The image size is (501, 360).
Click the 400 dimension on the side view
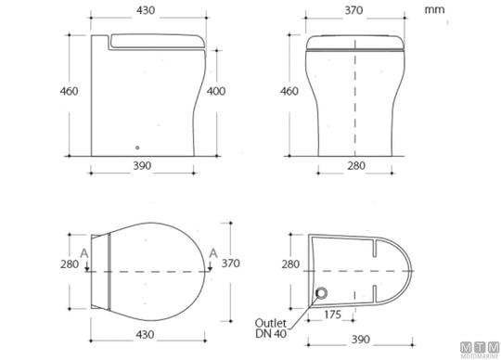tap(216, 91)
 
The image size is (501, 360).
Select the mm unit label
tap(434, 9)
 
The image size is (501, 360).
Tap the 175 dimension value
tap(333, 315)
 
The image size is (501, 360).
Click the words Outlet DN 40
tap(271, 328)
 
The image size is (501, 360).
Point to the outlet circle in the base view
tap(321, 292)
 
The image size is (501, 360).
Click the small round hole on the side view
tap(137, 148)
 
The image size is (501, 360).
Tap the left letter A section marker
tap(84, 253)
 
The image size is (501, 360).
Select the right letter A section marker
tap(213, 253)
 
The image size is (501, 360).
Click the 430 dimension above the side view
tap(146, 10)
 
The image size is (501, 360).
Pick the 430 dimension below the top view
tap(145, 335)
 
